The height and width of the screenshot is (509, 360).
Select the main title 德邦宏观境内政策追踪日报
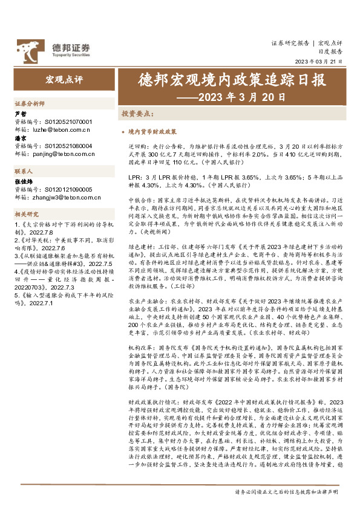pyautogui.click(x=223, y=81)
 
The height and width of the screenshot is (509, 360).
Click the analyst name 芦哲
pyautogui.click(x=19, y=114)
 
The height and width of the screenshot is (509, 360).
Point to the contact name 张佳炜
pyautogui.click(x=22, y=181)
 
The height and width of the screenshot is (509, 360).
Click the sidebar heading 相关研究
pyautogui.click(x=25, y=213)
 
